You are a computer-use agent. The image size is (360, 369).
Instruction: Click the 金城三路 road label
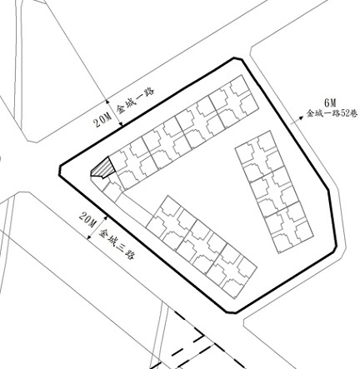(x=117, y=244)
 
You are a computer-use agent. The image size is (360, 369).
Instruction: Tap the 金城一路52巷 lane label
(x=332, y=113)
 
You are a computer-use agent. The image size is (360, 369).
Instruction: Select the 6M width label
(x=330, y=103)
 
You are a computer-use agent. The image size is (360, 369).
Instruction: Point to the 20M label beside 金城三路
(x=87, y=220)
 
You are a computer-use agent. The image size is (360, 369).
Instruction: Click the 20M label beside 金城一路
(x=102, y=120)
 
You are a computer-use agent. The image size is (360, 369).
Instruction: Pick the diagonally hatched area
(x=102, y=167)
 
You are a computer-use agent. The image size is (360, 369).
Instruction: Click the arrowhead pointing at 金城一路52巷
(x=301, y=118)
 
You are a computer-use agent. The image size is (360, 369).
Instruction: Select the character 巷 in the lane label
(x=354, y=113)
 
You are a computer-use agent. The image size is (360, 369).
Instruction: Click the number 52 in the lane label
(x=345, y=114)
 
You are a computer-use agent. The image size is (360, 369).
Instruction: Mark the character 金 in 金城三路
(x=104, y=232)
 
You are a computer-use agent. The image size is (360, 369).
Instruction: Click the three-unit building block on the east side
(x=274, y=192)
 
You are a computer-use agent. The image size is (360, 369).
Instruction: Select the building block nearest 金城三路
(x=202, y=247)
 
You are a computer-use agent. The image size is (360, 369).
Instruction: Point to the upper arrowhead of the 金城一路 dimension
(x=107, y=102)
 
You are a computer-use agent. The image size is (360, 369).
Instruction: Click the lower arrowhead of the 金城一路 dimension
(x=121, y=124)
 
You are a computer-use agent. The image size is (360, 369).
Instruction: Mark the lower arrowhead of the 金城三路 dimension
(x=89, y=237)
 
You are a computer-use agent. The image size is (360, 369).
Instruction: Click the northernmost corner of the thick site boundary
(x=234, y=58)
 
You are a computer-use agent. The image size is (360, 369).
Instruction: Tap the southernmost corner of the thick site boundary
(x=236, y=313)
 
